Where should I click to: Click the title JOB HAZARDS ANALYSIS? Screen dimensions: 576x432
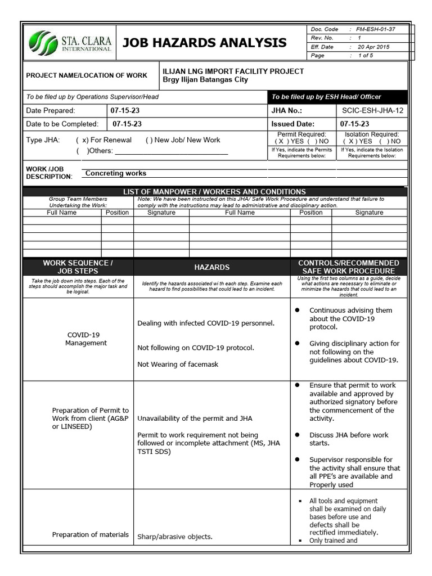click(x=204, y=43)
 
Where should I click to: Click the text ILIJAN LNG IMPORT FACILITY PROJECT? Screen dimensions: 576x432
click(x=233, y=71)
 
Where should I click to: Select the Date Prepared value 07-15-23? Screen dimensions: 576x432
click(x=125, y=111)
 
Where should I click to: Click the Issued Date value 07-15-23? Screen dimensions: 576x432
click(x=354, y=124)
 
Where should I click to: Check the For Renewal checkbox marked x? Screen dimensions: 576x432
click(x=82, y=140)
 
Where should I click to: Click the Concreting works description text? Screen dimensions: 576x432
click(x=116, y=173)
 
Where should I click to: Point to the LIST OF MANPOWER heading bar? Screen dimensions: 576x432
click(x=214, y=192)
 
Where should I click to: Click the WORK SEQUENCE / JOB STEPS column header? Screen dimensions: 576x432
click(x=78, y=267)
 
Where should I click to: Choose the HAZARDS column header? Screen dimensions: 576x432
click(x=211, y=267)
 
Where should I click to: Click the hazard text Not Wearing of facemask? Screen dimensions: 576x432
click(x=178, y=364)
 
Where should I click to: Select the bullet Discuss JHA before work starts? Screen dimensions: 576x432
click(x=349, y=439)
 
